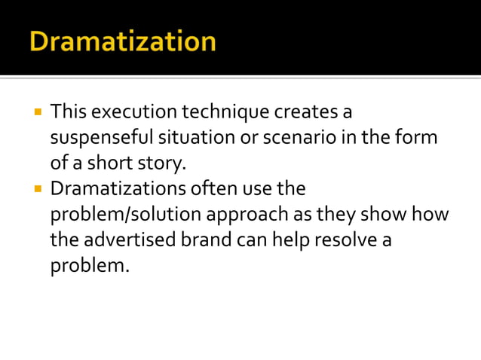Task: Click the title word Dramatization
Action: (123, 41)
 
